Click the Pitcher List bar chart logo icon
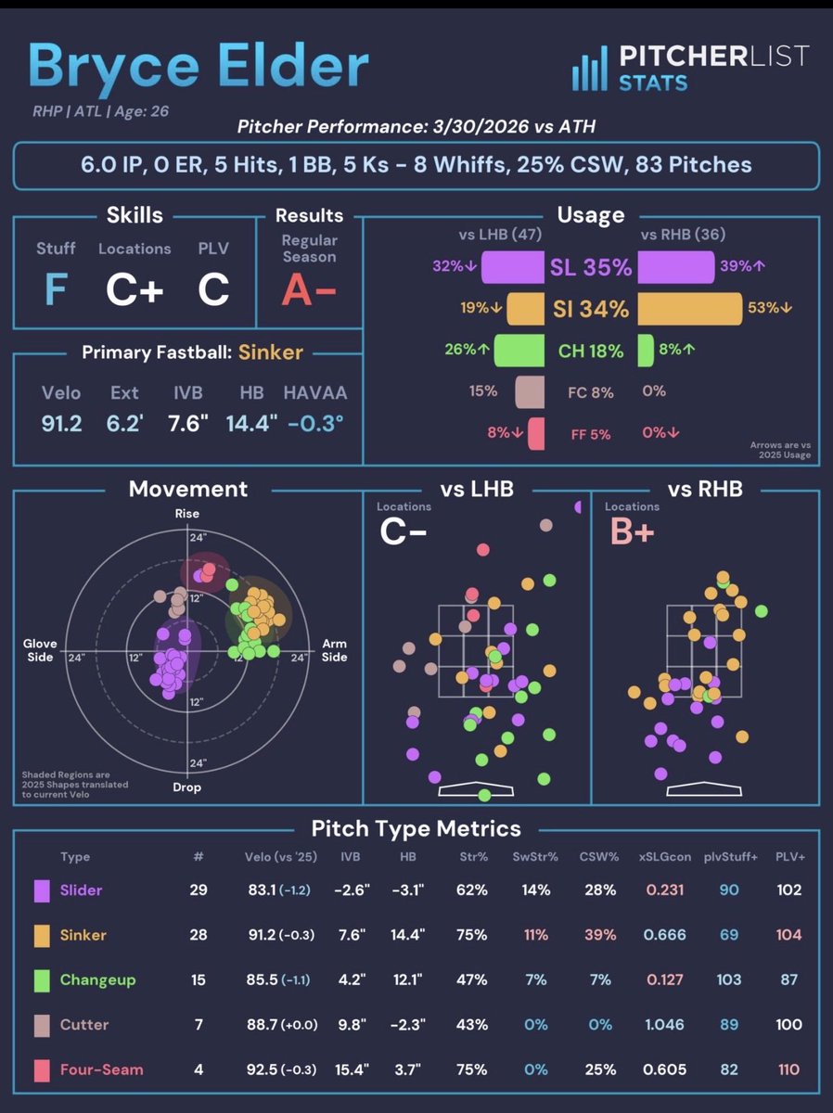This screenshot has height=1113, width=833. (589, 69)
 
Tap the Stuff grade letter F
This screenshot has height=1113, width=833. (56, 289)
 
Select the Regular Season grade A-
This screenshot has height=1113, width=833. (309, 289)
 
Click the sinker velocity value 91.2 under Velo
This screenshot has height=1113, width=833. (61, 423)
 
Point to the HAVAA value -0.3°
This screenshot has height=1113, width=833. (315, 423)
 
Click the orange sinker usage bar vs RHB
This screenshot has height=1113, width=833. (690, 308)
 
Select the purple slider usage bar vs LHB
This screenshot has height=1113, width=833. (513, 267)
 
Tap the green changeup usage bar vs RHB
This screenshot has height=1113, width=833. (646, 351)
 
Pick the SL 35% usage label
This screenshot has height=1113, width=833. (591, 267)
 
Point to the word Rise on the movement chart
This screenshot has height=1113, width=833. (187, 513)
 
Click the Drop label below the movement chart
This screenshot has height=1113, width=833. (187, 787)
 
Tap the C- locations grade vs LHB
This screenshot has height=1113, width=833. (404, 531)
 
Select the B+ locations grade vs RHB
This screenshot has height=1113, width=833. (632, 531)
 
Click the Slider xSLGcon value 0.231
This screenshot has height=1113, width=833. (665, 889)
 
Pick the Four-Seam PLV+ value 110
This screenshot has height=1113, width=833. (788, 1069)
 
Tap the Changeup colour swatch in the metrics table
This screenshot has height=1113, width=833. (42, 980)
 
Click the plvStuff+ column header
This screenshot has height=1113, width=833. (730, 857)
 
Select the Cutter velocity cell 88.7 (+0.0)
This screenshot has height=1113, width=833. (282, 1025)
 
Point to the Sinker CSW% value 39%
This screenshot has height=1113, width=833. (600, 935)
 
